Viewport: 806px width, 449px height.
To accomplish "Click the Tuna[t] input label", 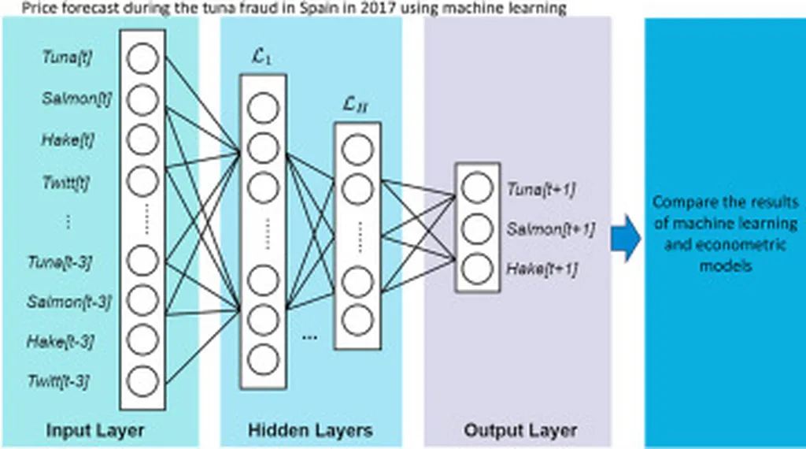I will point(67,58).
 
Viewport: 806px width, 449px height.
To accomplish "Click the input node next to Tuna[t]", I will point(142,58).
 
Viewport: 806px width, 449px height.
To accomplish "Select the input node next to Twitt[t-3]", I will point(142,380).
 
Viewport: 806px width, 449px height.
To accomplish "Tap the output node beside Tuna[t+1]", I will point(477,189).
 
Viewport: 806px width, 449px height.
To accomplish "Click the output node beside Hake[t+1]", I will point(477,268).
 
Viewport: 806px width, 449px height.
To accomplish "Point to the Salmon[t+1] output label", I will point(550,228).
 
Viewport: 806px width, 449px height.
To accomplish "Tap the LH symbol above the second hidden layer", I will point(357,105).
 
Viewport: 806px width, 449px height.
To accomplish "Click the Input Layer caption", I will point(95,431).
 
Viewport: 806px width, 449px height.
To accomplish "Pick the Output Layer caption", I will point(519,431).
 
